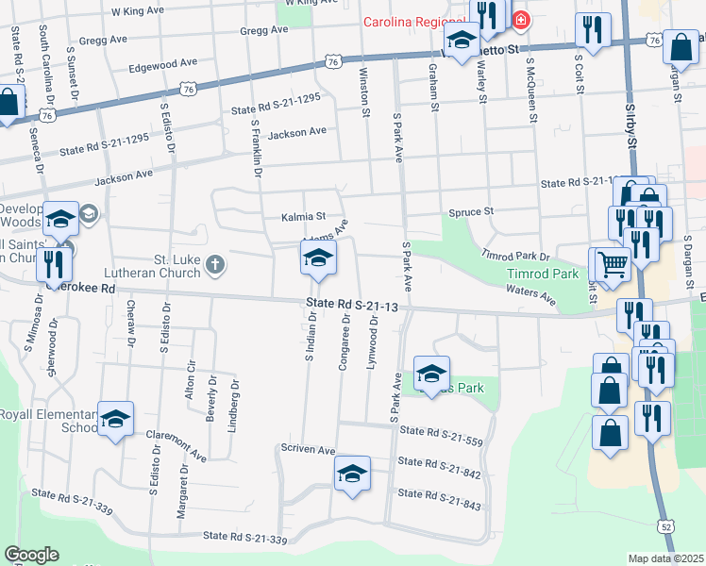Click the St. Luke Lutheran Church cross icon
tap(215, 264)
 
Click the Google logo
tap(31, 555)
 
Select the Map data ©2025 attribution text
tap(665, 558)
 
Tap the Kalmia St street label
tap(303, 217)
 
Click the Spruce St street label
tap(471, 212)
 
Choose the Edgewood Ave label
tap(163, 63)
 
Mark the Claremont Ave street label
tap(176, 444)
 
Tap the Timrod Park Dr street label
tap(515, 256)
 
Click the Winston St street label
tap(363, 92)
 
